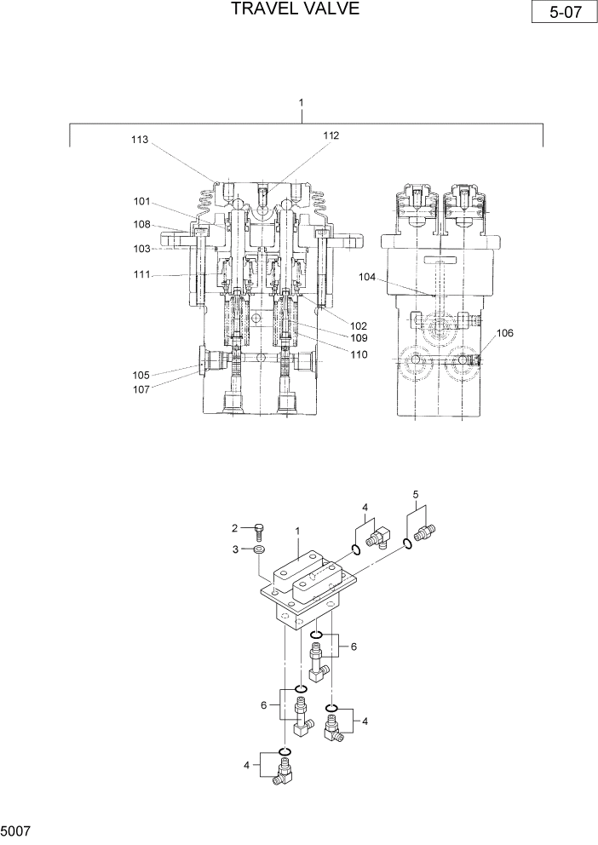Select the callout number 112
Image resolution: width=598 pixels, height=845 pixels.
coord(331,135)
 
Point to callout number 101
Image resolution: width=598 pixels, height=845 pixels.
coord(141,202)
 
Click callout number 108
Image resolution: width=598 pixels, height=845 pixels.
coord(141,225)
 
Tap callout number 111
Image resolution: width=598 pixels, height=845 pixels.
coord(141,274)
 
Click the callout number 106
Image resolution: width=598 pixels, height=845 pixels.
coord(505,333)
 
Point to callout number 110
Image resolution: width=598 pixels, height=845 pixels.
coord(359,354)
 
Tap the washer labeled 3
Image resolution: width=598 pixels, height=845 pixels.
coord(258,551)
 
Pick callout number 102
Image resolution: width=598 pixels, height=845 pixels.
coord(359,325)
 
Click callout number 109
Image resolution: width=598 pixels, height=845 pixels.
coord(359,338)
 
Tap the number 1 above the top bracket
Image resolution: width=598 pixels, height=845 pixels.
coord(302,102)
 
